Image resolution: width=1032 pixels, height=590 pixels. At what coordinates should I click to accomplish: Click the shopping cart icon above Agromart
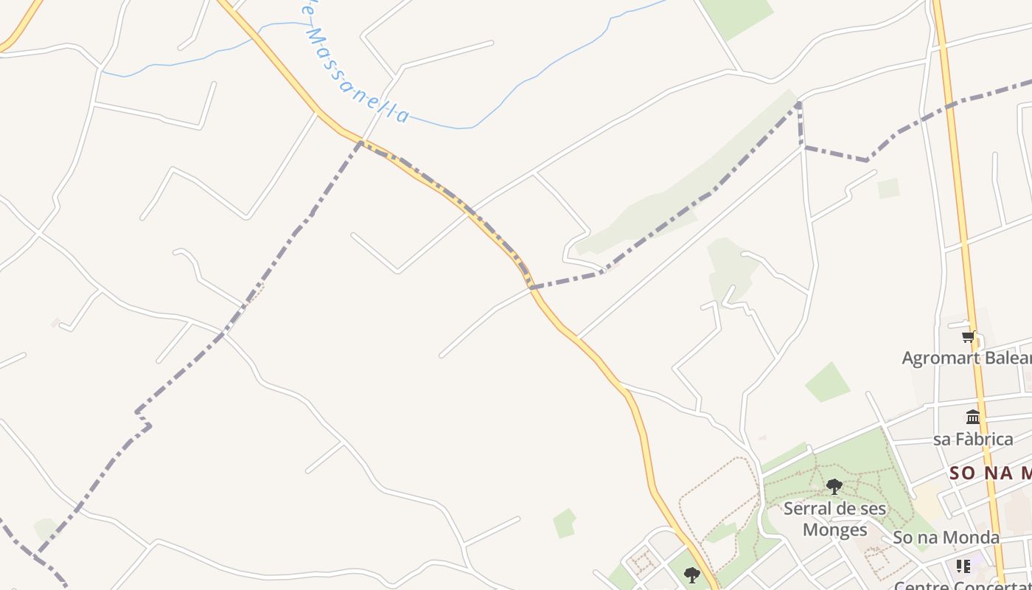(968, 337)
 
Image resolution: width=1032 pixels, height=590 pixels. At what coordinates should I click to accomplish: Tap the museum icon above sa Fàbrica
(973, 417)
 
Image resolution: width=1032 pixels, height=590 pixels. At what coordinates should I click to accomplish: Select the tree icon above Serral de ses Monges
(834, 487)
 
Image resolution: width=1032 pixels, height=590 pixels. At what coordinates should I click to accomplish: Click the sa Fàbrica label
(973, 440)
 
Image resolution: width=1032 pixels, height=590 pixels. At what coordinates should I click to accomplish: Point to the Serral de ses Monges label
(834, 518)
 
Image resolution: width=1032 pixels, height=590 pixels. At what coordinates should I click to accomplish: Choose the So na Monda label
(946, 538)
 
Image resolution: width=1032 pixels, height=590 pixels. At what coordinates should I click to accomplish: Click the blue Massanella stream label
(354, 70)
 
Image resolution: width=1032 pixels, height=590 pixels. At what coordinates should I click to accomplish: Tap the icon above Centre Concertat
(963, 566)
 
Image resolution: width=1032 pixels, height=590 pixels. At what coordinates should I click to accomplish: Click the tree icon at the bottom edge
(691, 574)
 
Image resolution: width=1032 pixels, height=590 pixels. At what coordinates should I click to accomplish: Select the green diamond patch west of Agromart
(827, 382)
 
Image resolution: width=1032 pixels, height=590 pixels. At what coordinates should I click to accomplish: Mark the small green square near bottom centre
(565, 523)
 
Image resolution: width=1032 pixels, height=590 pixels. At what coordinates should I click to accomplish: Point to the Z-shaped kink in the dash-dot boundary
(143, 419)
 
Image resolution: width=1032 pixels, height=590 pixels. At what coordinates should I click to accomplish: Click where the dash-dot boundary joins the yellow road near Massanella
(360, 142)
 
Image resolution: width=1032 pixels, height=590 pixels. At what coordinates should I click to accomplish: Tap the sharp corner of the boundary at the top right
(799, 105)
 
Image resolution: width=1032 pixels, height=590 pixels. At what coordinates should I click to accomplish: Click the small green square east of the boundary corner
(888, 188)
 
